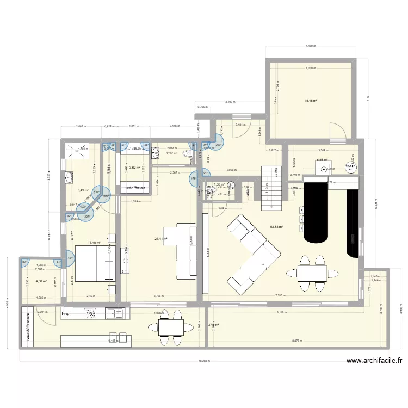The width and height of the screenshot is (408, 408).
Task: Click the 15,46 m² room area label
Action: click(311, 101)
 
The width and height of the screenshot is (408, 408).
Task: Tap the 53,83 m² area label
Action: click(277, 227)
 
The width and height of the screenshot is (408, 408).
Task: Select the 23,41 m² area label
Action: click(162, 238)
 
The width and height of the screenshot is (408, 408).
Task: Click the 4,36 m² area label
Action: click(41, 281)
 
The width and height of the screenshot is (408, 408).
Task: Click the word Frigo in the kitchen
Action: click(67, 314)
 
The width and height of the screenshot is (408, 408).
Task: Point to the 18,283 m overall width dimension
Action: click(204, 360)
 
